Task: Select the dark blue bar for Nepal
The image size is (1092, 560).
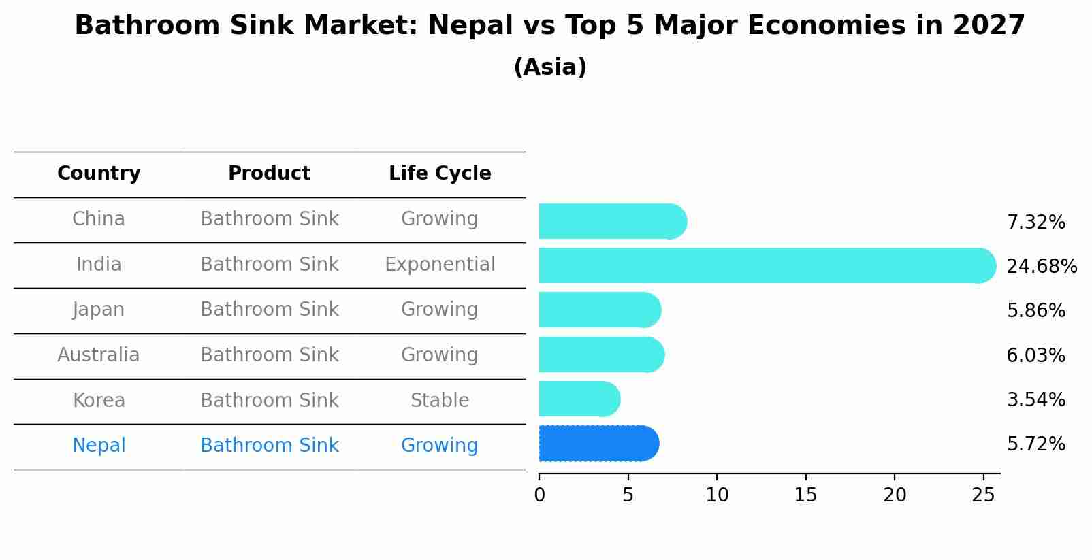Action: pos(598,444)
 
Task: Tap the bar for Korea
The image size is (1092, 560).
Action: pos(579,399)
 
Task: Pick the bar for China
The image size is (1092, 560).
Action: pos(611,221)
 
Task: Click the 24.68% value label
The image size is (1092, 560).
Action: pos(1041,266)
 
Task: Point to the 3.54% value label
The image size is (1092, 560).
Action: pos(1035,399)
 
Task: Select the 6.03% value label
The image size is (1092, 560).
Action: pos(1035,355)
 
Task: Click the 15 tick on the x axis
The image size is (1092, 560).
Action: pos(805,495)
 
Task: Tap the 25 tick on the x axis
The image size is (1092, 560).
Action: pos(983,495)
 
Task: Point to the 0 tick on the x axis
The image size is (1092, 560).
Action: pos(539,495)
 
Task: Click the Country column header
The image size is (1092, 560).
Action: pos(99,174)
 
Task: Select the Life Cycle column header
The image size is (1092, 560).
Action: pos(440,174)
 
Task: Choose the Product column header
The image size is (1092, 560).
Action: pos(269,174)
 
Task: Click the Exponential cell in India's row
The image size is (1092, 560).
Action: pos(440,265)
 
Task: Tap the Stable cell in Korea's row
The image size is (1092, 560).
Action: pos(440,401)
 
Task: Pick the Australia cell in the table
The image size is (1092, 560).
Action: pos(99,355)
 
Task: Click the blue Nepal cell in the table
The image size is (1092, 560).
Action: pos(99,446)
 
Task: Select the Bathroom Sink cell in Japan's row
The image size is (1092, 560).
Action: pos(269,310)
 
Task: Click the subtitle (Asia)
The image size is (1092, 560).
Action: pos(550,67)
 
